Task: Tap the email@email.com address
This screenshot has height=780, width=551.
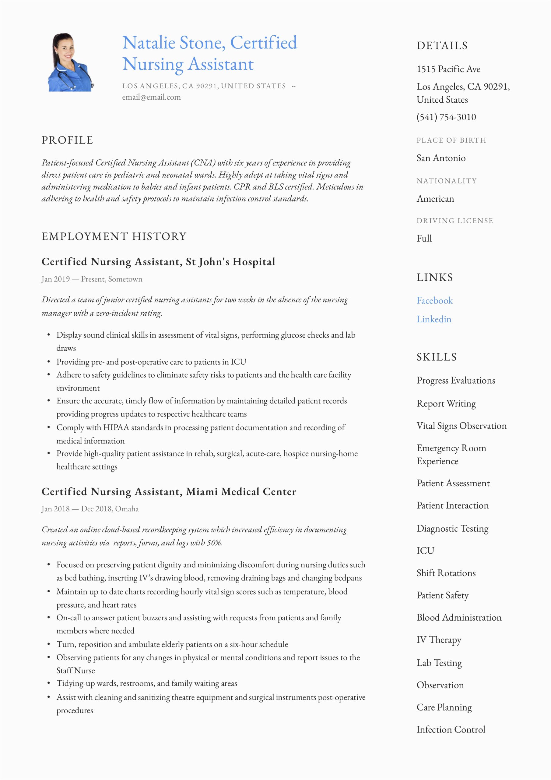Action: (151, 97)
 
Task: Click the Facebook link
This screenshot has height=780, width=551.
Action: (434, 300)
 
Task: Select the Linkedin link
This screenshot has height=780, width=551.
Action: (434, 319)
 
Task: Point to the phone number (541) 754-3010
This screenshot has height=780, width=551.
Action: (446, 117)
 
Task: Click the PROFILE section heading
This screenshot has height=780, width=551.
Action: (67, 140)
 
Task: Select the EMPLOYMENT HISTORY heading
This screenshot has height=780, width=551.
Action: (114, 236)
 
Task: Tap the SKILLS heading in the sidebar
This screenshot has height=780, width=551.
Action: (437, 357)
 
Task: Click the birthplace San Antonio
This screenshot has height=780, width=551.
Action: (441, 158)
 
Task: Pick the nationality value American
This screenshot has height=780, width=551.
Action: (435, 199)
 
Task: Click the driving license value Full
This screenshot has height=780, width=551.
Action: (424, 239)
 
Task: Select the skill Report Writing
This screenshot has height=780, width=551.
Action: (446, 404)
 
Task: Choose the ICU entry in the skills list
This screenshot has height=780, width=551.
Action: (425, 550)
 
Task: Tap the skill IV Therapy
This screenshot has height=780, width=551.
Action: (439, 640)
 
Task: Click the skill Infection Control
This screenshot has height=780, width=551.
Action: (451, 729)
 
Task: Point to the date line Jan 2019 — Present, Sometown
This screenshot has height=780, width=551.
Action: (92, 279)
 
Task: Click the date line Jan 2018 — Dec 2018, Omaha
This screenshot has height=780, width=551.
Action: (90, 509)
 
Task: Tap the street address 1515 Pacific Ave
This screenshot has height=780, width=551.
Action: (448, 69)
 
